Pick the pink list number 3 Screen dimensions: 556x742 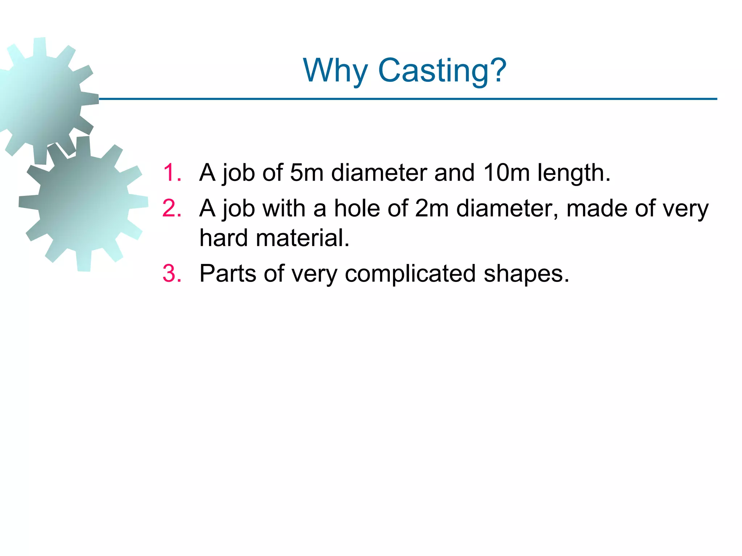click(172, 274)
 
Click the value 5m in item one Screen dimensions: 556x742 click(307, 173)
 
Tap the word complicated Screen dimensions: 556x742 click(410, 274)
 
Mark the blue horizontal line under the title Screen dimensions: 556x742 click(408, 99)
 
